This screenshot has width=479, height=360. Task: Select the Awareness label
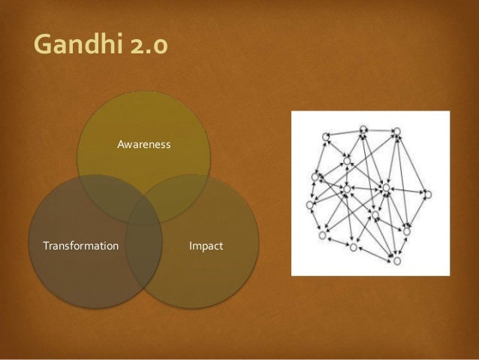coord(144,143)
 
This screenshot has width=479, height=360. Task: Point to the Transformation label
coord(80,246)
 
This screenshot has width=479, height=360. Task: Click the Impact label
coord(206,246)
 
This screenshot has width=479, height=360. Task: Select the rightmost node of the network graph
coord(428,194)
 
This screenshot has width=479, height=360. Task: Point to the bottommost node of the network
coord(396,261)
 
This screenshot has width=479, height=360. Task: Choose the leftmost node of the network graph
coord(309,204)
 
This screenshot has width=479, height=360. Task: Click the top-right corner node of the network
coord(397,131)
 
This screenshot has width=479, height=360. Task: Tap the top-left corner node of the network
coord(326,135)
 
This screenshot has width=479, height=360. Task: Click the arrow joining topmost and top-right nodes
coord(380,129)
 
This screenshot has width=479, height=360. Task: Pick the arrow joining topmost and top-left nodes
coord(345,132)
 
